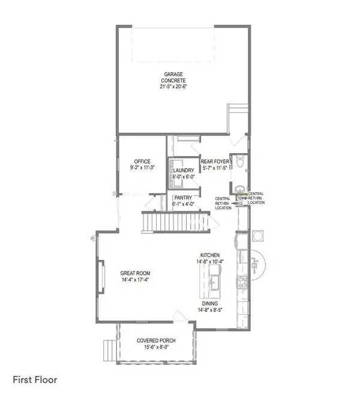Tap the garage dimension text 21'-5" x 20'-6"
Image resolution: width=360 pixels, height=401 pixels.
[x=174, y=86]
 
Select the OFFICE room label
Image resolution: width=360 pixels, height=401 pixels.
[x=142, y=161]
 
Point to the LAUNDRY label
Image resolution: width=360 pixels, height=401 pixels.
[x=184, y=170]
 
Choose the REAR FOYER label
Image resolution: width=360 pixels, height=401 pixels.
[x=214, y=161]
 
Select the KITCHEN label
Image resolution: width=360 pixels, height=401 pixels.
[x=210, y=255]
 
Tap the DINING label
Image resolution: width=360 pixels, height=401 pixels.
[x=210, y=304]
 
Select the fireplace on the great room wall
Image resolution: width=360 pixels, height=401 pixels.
[x=100, y=280]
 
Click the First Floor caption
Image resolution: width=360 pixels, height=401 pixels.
[x=35, y=380]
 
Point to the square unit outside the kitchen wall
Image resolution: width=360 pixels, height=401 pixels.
[x=259, y=233]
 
